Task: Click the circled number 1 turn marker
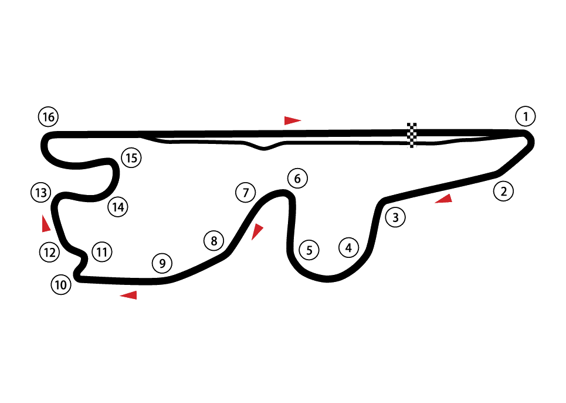(526, 116)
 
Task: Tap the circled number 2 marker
(503, 191)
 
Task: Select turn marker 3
(395, 218)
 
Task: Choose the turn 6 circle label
(297, 178)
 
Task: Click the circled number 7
(246, 192)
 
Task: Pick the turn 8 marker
(213, 240)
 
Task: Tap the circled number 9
(162, 263)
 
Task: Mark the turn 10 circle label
(60, 286)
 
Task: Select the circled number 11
(102, 253)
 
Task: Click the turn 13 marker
(40, 192)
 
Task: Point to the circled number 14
(118, 207)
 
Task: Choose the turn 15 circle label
(131, 157)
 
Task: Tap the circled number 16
(48, 117)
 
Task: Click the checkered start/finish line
(412, 135)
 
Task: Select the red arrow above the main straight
(292, 120)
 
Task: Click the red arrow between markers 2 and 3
(444, 199)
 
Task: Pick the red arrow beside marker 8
(256, 231)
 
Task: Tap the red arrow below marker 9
(129, 295)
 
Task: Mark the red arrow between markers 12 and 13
(45, 224)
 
